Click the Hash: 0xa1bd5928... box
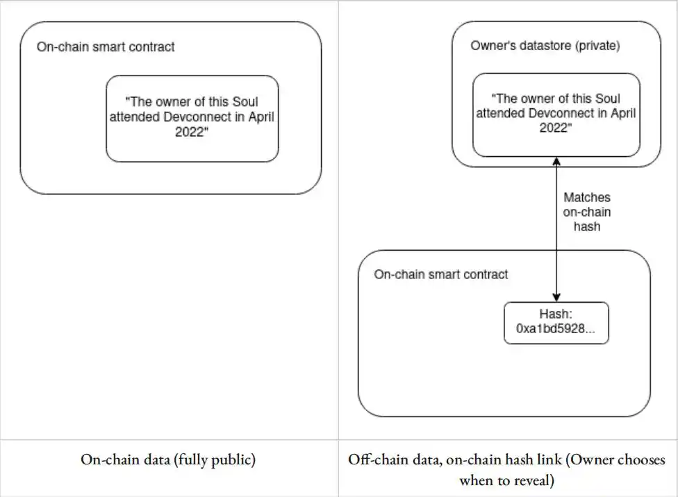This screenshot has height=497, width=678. pos(556,323)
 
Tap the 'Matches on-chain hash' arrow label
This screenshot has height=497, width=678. pos(587,212)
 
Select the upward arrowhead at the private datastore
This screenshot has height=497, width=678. pos(556,162)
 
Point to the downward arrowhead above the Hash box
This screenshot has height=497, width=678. pos(556,297)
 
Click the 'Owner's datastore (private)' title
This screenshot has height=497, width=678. pos(545,45)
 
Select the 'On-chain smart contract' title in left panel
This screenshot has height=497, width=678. pos(106,47)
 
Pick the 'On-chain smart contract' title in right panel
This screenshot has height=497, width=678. pos(441,274)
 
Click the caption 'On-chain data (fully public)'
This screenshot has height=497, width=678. pos(168,460)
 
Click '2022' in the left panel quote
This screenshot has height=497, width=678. pos(190,132)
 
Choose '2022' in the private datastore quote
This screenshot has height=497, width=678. pos(554,128)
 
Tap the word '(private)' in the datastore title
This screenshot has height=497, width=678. pos(597,45)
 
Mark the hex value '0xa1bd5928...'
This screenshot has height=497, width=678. pos(556,329)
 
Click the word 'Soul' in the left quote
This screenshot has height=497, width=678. pos(245,101)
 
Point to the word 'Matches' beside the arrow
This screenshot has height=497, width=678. pos(587,198)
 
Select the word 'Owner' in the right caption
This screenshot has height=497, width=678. pos(593,460)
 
